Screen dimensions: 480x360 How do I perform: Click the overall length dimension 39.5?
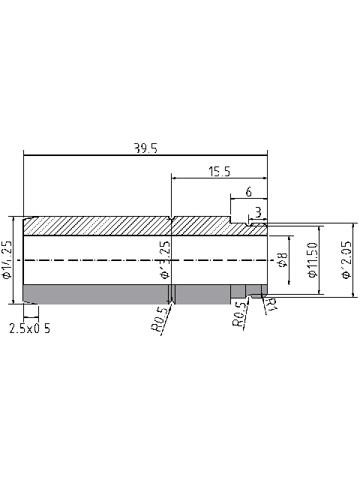pos(145,148)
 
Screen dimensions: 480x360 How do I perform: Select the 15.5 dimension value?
pos(219,172)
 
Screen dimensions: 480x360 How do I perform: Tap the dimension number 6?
pos(248,192)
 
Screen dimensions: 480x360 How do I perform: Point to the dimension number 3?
pos(258,212)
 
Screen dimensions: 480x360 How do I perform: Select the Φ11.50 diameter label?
pos(313,259)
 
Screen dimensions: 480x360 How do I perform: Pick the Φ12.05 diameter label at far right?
pos(346,260)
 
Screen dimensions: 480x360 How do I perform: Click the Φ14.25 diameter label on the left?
pos(7,260)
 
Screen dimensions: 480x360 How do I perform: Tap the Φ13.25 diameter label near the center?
pos(165,259)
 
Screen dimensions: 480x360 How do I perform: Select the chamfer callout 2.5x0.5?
pos(31,328)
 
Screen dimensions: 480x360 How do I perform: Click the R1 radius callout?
pos(271,304)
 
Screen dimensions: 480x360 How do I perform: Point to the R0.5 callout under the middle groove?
pos(158,319)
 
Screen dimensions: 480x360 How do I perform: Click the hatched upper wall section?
pos(97,226)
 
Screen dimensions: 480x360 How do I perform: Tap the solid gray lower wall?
pos(97,294)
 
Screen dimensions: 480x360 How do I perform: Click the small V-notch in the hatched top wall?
pos(172,220)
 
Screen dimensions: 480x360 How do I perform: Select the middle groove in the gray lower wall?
pos(172,294)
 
